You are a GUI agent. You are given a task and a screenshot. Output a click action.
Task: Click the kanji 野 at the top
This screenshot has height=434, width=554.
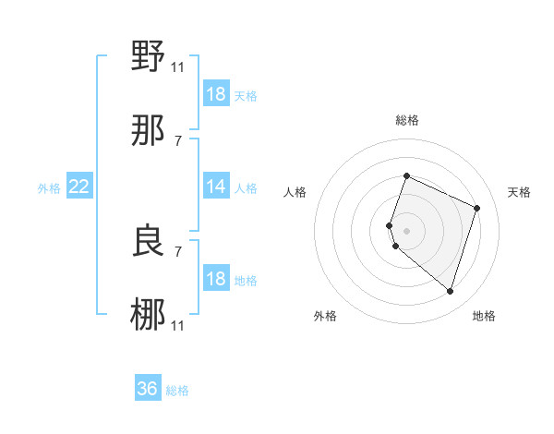tap(149, 57)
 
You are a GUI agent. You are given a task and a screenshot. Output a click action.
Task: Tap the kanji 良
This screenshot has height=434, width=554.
tap(149, 241)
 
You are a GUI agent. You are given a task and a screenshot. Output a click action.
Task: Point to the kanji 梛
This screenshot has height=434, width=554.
tap(149, 314)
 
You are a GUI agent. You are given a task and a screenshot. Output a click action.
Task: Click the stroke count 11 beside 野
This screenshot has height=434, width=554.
tap(177, 66)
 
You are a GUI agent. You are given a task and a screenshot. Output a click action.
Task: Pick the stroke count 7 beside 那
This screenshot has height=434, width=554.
tap(177, 140)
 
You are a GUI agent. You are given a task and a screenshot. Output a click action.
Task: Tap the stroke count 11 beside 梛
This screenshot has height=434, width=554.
tap(177, 325)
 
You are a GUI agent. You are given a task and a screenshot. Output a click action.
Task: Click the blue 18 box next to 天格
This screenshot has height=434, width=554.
tap(216, 94)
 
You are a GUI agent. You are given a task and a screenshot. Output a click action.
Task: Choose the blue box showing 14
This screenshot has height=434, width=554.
tap(216, 187)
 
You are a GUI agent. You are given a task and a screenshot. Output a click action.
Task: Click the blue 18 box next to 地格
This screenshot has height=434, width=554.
tap(216, 279)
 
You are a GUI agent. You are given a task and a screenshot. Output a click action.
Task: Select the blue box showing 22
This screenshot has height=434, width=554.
tap(79, 187)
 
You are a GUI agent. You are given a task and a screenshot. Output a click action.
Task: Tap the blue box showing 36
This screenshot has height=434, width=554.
tap(148, 389)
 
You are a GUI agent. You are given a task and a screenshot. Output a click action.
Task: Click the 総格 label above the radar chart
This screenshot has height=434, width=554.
tap(406, 120)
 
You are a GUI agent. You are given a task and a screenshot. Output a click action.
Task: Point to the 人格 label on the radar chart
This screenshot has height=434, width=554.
tap(295, 192)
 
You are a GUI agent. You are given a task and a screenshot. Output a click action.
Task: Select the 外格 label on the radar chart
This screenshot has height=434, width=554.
tap(325, 316)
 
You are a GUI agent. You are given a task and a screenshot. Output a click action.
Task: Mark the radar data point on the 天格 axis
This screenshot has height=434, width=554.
tap(477, 208)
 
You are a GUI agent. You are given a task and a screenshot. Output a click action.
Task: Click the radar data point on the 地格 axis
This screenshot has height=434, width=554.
tap(450, 291)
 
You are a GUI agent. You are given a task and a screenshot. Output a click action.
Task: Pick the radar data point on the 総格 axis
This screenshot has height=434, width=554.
tap(406, 175)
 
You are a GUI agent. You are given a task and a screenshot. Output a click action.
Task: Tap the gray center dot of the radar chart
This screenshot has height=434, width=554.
tap(406, 230)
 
